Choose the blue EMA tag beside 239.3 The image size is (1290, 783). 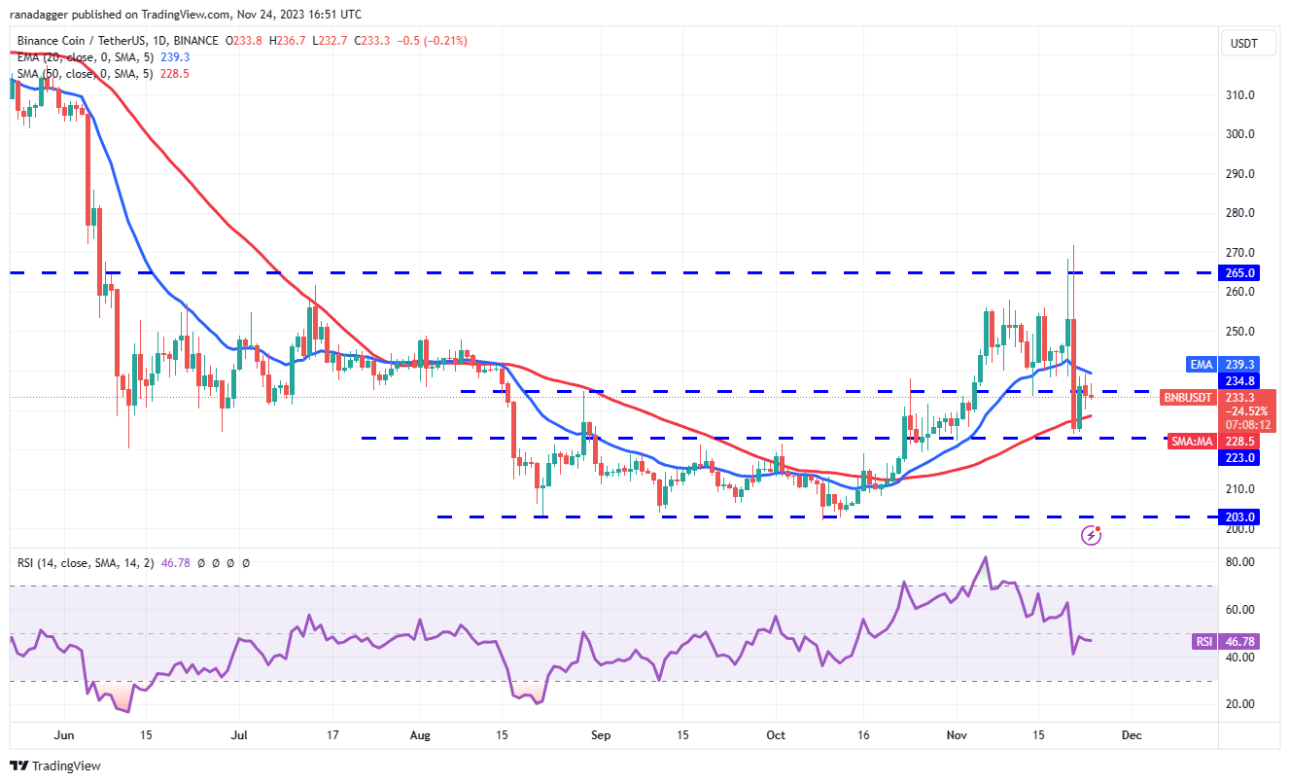coord(1202,365)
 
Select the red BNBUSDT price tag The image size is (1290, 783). coord(1188,397)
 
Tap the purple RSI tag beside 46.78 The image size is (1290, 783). coord(1203,642)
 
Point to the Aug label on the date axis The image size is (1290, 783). coord(420,735)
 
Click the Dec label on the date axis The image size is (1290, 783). coord(1130,735)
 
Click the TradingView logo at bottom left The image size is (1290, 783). coord(55,765)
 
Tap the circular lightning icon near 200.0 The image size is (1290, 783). coord(1092,534)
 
